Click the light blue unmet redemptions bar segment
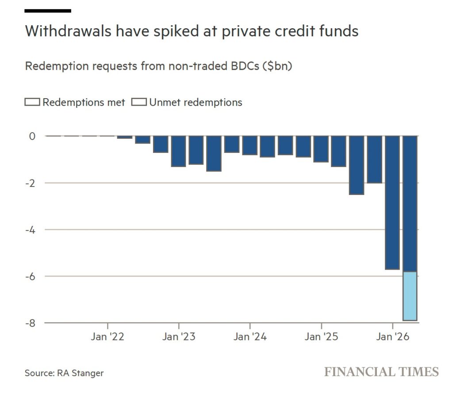click(410, 296)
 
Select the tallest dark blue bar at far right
click(410, 203)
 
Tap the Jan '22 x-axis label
click(107, 337)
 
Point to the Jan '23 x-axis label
click(179, 337)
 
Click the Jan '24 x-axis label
click(250, 337)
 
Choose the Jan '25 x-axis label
click(321, 337)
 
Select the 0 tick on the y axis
click(32, 136)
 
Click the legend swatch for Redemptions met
click(33, 103)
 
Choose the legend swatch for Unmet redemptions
click(139, 103)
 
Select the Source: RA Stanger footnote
click(64, 373)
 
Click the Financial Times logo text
click(381, 372)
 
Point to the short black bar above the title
click(48, 11)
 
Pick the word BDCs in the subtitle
click(243, 66)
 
